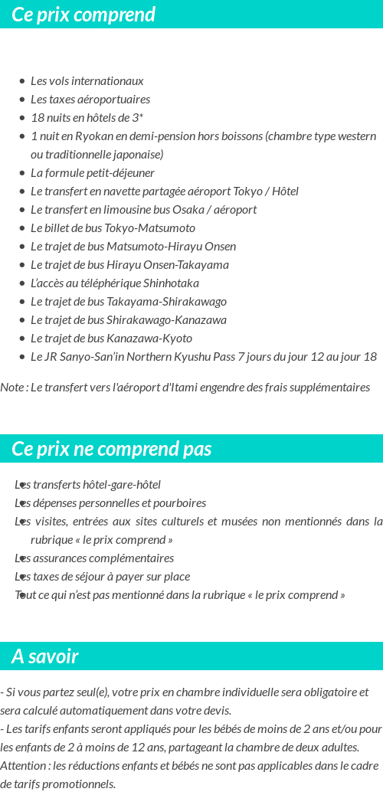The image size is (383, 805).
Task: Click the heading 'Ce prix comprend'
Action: coord(83,15)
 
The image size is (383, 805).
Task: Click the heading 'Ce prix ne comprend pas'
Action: coord(112,449)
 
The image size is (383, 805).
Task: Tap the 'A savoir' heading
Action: coord(45,656)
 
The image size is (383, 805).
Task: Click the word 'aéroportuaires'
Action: coord(112,100)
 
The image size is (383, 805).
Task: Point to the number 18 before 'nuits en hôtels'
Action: coord(38,118)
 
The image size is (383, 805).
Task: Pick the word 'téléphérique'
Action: coord(111,283)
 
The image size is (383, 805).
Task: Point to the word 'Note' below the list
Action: coord(12,388)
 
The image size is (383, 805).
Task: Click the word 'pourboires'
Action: coord(179,504)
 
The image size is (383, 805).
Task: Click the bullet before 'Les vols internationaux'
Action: coord(22,81)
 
